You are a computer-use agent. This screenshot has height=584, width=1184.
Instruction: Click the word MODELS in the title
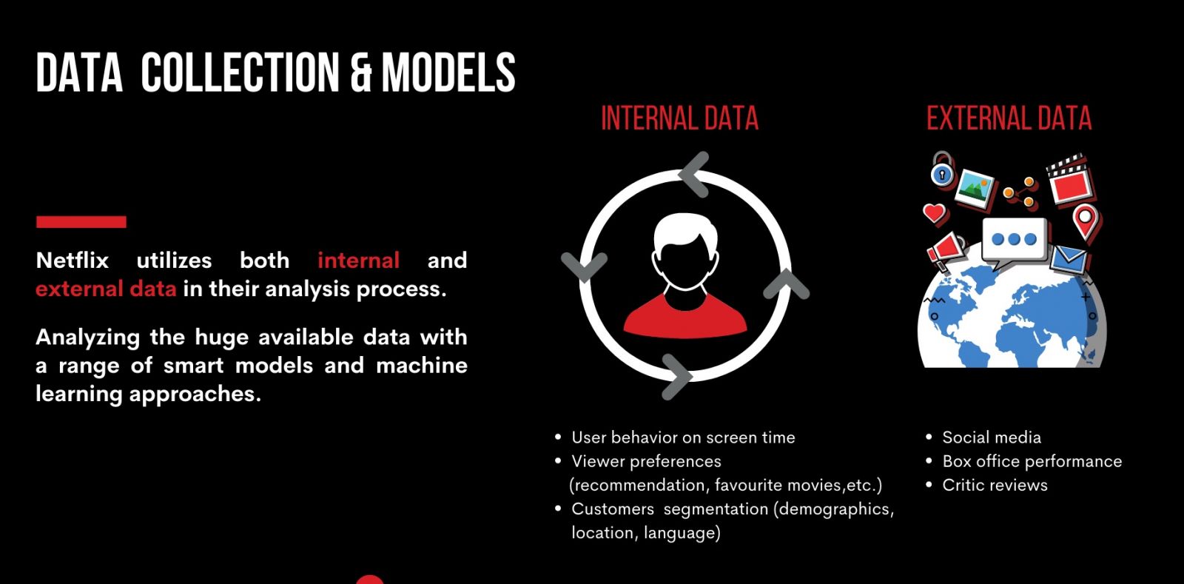(448, 73)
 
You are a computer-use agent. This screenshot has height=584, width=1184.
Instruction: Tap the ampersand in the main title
(361, 73)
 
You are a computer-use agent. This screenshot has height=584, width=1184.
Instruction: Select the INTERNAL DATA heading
(680, 118)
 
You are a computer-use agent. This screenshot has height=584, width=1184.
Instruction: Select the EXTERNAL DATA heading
(1009, 118)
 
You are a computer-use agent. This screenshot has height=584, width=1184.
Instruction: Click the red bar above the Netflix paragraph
(81, 222)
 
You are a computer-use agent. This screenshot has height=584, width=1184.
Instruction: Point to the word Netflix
(73, 261)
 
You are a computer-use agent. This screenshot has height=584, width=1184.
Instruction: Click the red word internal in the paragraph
(358, 261)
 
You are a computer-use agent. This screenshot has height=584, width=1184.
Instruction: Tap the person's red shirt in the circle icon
(685, 317)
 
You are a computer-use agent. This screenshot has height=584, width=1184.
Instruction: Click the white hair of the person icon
(685, 231)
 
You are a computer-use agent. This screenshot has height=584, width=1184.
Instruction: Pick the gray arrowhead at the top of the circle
(695, 175)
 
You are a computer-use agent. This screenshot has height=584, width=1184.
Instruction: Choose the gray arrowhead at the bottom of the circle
(676, 377)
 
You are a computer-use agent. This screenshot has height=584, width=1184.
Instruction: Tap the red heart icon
(935, 213)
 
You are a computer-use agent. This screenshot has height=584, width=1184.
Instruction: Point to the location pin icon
(1086, 222)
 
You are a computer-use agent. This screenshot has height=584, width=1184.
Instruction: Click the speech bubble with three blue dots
(1014, 241)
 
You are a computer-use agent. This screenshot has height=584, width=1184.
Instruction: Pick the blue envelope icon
(1068, 260)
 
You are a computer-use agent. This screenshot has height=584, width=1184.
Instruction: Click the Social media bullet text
(992, 437)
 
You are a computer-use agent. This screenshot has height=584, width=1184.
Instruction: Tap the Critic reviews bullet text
(995, 485)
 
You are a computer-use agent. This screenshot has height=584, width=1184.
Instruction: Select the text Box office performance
(1032, 461)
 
